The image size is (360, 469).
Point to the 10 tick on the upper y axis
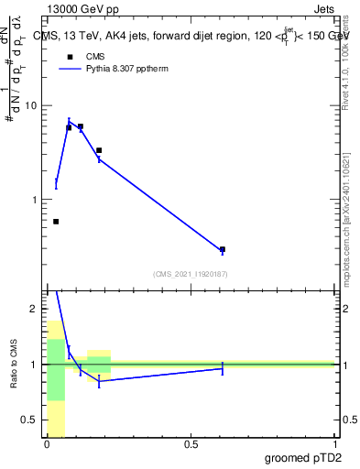[34, 105]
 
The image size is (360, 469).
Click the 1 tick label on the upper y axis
[37, 200]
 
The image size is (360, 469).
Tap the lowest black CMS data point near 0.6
[56, 222]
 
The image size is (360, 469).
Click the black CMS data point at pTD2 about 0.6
[223, 249]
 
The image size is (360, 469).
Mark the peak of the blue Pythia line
[69, 121]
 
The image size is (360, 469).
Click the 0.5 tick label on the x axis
[191, 444]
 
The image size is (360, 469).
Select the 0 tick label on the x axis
[47, 444]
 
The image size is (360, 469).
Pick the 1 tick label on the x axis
[334, 444]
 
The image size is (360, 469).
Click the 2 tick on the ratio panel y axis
[37, 309]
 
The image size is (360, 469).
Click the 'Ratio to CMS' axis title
[15, 364]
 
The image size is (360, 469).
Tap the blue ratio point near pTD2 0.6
[223, 368]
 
